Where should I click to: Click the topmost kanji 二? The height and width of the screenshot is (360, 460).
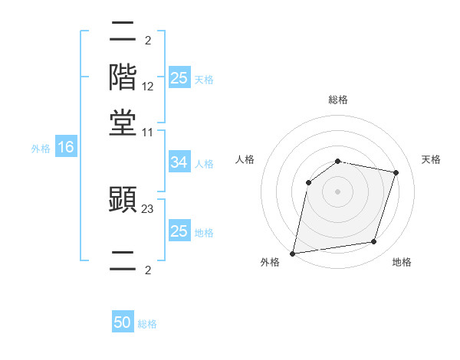pyautogui.click(x=123, y=32)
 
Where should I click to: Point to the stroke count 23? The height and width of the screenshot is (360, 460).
pyautogui.click(x=148, y=207)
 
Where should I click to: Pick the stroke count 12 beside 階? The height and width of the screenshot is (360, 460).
pyautogui.click(x=148, y=86)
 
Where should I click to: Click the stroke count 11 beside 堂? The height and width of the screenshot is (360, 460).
pyautogui.click(x=148, y=132)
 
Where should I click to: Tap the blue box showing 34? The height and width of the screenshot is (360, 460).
pyautogui.click(x=179, y=162)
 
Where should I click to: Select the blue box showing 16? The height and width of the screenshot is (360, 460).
pyautogui.click(x=66, y=148)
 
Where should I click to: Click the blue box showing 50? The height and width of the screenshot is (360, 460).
pyautogui.click(x=123, y=323)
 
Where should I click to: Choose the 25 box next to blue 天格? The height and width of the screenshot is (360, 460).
pyautogui.click(x=179, y=78)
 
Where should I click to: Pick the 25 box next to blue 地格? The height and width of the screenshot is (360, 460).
pyautogui.click(x=179, y=231)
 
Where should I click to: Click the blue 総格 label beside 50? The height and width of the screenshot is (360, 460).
pyautogui.click(x=147, y=324)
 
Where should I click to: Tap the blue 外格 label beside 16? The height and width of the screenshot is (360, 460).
pyautogui.click(x=41, y=149)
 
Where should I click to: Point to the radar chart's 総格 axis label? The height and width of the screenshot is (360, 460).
pyautogui.click(x=338, y=100)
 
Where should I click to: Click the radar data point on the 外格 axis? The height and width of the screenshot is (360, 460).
pyautogui.click(x=293, y=253)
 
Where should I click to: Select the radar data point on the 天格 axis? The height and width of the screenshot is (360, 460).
pyautogui.click(x=396, y=172)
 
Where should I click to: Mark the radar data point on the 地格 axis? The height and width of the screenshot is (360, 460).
pyautogui.click(x=374, y=241)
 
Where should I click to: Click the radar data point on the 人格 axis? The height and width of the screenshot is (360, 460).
pyautogui.click(x=308, y=182)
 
